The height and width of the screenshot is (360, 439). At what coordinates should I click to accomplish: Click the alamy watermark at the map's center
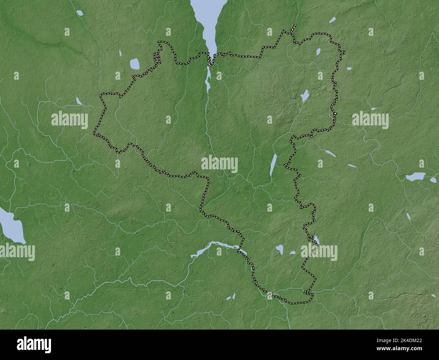click(219, 165)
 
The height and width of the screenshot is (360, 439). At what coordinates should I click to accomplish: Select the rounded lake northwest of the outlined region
click(135, 64)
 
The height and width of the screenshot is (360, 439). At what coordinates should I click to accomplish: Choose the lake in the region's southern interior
click(279, 249)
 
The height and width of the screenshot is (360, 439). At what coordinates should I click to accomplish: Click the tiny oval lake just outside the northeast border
click(349, 69)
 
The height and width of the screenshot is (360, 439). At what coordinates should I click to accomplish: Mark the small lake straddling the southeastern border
click(316, 240)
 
